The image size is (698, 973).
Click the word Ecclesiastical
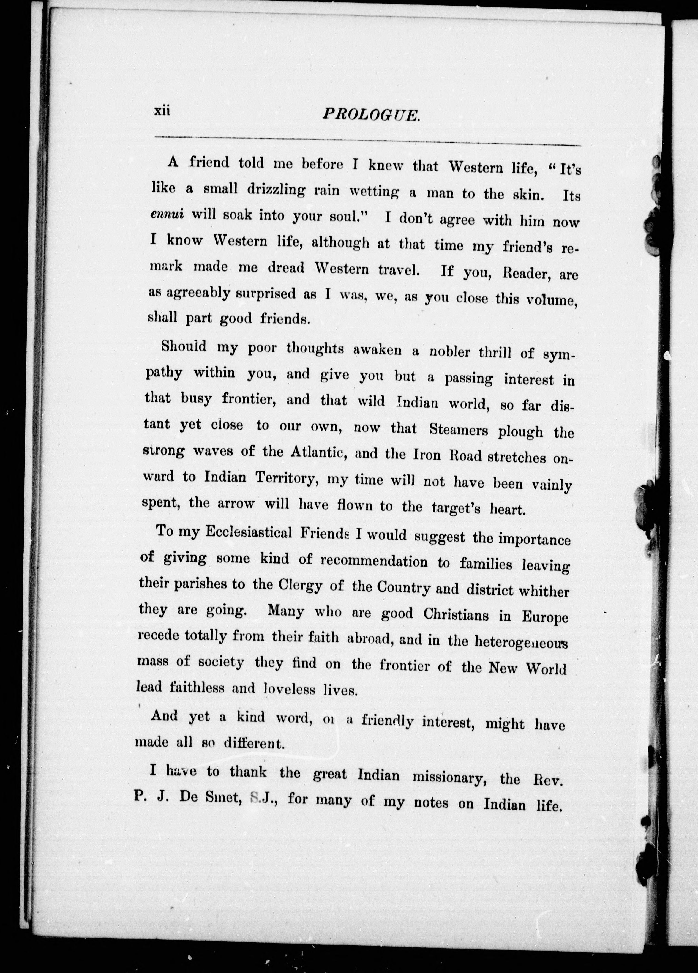(x=248, y=532)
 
